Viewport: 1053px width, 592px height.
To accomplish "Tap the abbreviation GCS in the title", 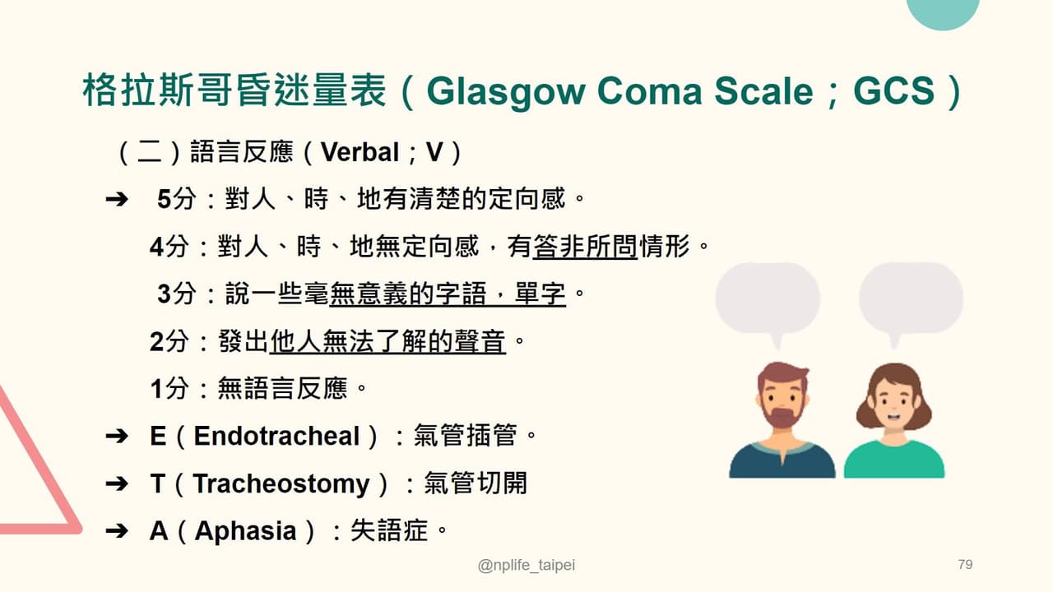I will (893, 92).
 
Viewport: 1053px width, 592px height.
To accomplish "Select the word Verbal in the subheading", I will (360, 152).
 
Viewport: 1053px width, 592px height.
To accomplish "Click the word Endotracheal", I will (277, 436).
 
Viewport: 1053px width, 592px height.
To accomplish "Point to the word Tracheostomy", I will (281, 483).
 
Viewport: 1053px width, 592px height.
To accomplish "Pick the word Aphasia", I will (245, 531).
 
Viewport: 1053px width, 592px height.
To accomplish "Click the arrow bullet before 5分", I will (116, 200).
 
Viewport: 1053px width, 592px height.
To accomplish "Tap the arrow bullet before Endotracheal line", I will (116, 437).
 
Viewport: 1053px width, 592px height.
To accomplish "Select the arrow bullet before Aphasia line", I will (116, 531).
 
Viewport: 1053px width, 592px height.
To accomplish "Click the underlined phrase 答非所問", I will (585, 247).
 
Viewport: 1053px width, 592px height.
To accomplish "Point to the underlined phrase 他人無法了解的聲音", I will (387, 341).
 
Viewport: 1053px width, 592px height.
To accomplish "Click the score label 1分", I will (169, 389).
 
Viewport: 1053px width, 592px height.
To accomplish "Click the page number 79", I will (965, 565).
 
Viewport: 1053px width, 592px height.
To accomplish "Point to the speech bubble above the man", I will (768, 298).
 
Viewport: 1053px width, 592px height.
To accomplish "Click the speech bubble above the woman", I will (911, 298).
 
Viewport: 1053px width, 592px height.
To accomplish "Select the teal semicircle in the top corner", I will (943, 12).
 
